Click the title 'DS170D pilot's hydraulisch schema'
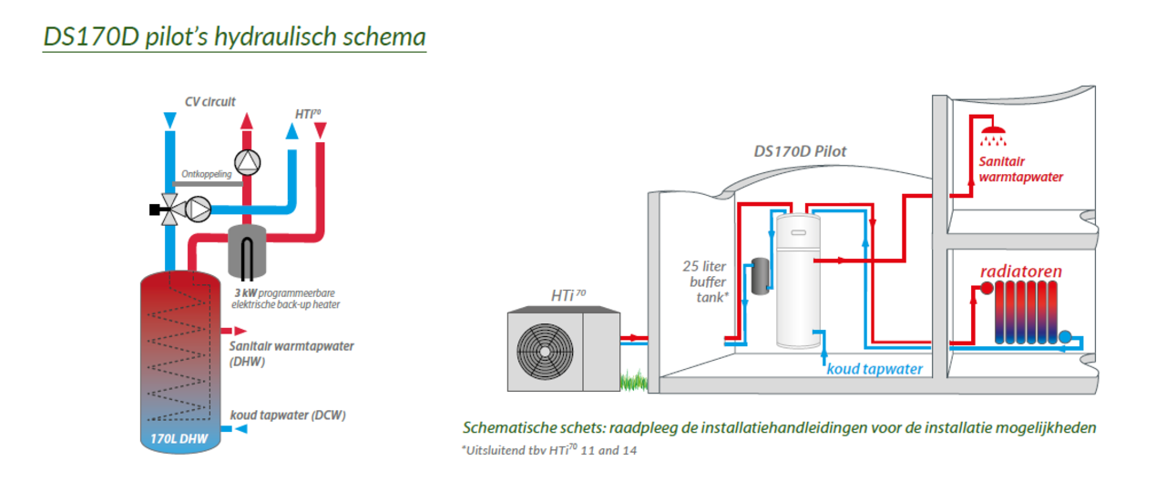[234, 37]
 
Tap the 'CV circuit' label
[210, 102]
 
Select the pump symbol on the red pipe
[247, 161]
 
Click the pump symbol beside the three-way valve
[198, 210]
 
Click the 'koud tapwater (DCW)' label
[288, 415]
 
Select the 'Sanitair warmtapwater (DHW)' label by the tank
[291, 353]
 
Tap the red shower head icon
[994, 137]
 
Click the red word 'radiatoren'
[1021, 271]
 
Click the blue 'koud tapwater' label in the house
[874, 369]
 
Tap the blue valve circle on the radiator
[1066, 337]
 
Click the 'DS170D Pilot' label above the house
[800, 151]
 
